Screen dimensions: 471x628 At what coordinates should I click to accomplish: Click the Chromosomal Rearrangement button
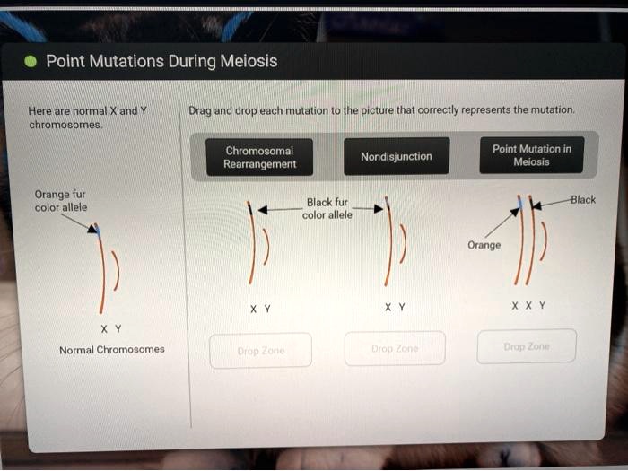[x=259, y=157]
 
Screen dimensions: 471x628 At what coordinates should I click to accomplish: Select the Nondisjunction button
[x=396, y=157]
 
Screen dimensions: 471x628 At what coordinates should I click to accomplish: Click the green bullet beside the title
[x=31, y=62]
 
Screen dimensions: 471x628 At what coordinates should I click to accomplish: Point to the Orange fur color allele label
[x=60, y=200]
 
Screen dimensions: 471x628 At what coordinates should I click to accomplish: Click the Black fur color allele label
[x=328, y=208]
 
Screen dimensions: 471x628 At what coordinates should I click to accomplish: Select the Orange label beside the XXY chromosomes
[x=484, y=245]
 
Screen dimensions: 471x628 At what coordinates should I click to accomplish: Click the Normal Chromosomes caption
[x=111, y=349]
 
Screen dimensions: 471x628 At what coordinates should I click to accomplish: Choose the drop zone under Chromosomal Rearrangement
[x=260, y=350]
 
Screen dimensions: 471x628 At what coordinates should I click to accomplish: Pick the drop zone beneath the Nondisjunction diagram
[x=395, y=348]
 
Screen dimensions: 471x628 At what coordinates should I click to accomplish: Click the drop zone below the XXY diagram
[x=527, y=346]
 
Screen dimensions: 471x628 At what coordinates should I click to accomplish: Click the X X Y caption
[x=528, y=305]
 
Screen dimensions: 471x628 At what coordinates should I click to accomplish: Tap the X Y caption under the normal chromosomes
[x=111, y=327]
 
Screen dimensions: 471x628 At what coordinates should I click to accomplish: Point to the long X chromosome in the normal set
[x=103, y=269]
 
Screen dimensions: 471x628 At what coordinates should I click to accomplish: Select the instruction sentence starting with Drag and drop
[x=381, y=110]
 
